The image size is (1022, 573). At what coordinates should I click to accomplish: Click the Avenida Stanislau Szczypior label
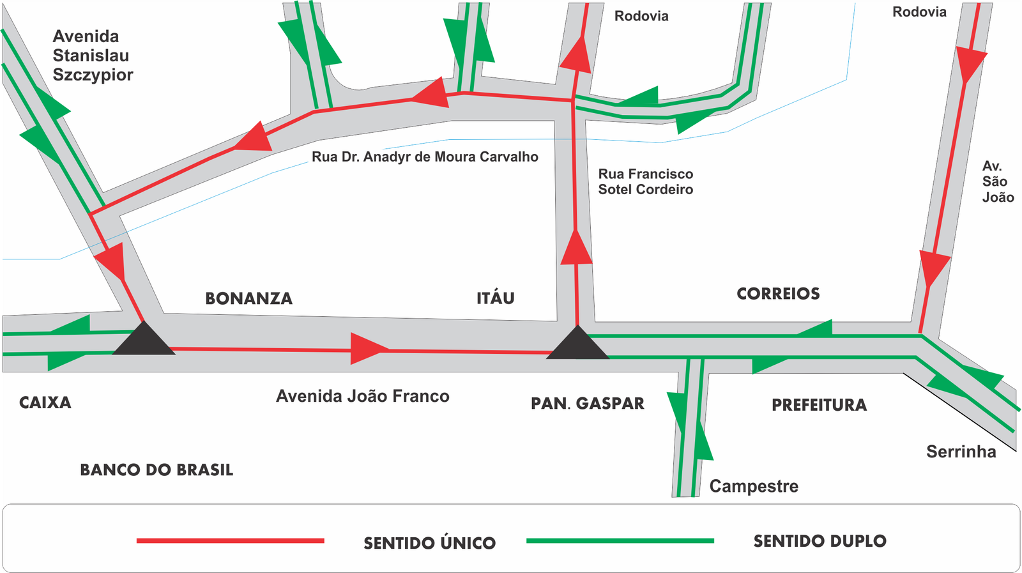click(93, 55)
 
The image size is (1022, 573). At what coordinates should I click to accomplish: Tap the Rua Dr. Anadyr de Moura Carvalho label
click(425, 157)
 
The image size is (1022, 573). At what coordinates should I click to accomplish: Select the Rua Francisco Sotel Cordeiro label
click(646, 181)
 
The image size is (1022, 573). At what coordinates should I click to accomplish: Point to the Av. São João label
click(998, 181)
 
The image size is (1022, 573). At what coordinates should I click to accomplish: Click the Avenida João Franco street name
click(363, 396)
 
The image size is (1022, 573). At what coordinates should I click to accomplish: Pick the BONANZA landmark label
click(248, 298)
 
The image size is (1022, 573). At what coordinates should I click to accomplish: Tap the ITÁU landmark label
click(496, 298)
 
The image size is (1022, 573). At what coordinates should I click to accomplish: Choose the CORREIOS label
click(778, 293)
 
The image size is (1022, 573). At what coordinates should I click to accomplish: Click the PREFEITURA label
click(819, 404)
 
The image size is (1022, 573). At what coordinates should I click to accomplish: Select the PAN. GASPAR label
click(588, 403)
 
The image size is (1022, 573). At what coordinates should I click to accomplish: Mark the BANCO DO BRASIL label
click(156, 470)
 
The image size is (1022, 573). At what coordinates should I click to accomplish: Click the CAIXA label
click(45, 402)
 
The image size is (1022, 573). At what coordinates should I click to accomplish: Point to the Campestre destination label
click(754, 486)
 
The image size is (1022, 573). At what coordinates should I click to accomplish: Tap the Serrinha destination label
click(961, 452)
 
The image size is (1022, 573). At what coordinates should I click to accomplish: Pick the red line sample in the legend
click(231, 540)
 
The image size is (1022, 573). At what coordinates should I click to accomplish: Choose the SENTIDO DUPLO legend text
click(820, 541)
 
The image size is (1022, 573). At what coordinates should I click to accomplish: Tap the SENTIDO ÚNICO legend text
click(429, 542)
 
